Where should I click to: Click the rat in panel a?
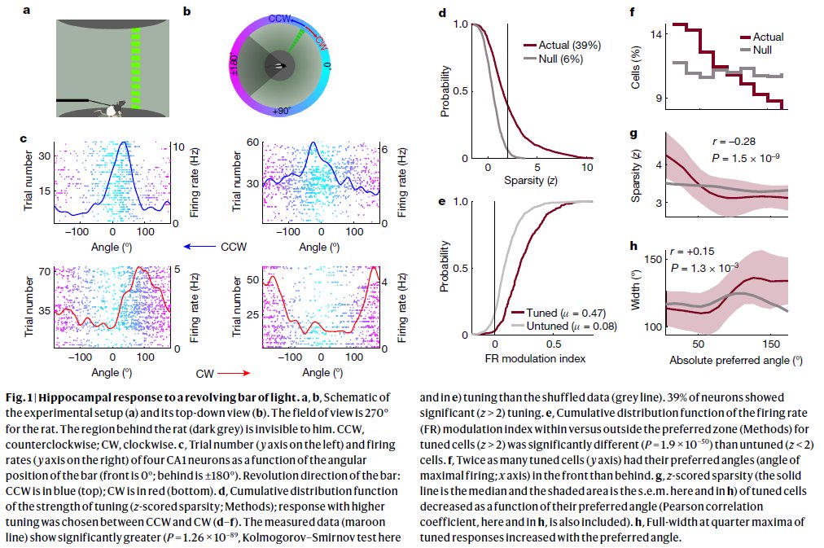point(115,109)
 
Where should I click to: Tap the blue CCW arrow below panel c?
point(199,247)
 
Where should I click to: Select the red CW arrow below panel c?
point(234,374)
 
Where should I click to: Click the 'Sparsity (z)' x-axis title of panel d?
point(531,181)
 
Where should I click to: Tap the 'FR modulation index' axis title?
point(535,358)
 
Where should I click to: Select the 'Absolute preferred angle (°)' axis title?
point(736,361)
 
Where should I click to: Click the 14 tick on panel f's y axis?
point(655,34)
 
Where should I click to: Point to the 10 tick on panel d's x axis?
point(587,167)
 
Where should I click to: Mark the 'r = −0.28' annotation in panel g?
point(734,142)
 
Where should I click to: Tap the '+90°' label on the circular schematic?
point(281,111)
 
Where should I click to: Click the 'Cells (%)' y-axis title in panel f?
point(636,68)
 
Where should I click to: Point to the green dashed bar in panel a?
point(135,68)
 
